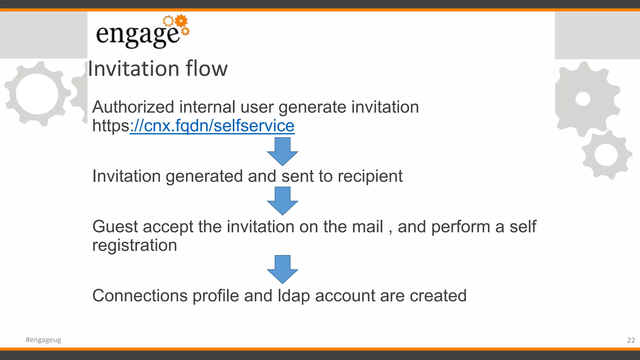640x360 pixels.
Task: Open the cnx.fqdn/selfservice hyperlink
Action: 212,126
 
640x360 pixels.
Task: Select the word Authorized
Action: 133,107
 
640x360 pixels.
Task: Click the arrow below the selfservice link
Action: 282,151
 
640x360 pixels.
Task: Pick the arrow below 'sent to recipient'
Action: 282,201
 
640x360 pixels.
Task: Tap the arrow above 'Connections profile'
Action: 282,269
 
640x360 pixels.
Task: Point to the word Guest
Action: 115,227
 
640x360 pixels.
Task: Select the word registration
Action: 134,245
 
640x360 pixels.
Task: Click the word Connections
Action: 140,296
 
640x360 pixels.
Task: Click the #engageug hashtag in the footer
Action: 43,340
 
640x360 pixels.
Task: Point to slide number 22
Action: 631,340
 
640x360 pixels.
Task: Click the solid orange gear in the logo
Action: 181,21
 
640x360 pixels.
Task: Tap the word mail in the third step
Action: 367,227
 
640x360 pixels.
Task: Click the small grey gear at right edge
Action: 606,155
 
